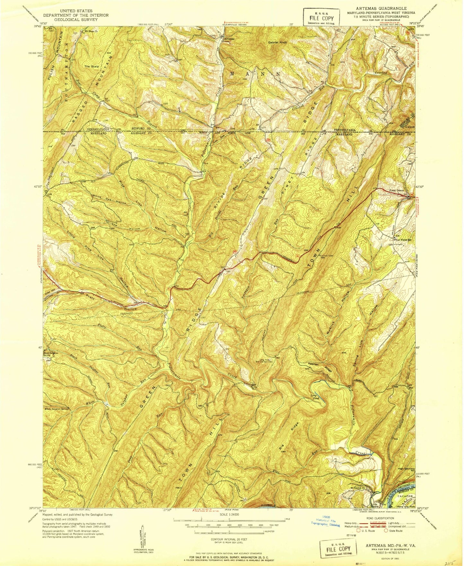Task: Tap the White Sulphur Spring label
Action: (57, 409)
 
